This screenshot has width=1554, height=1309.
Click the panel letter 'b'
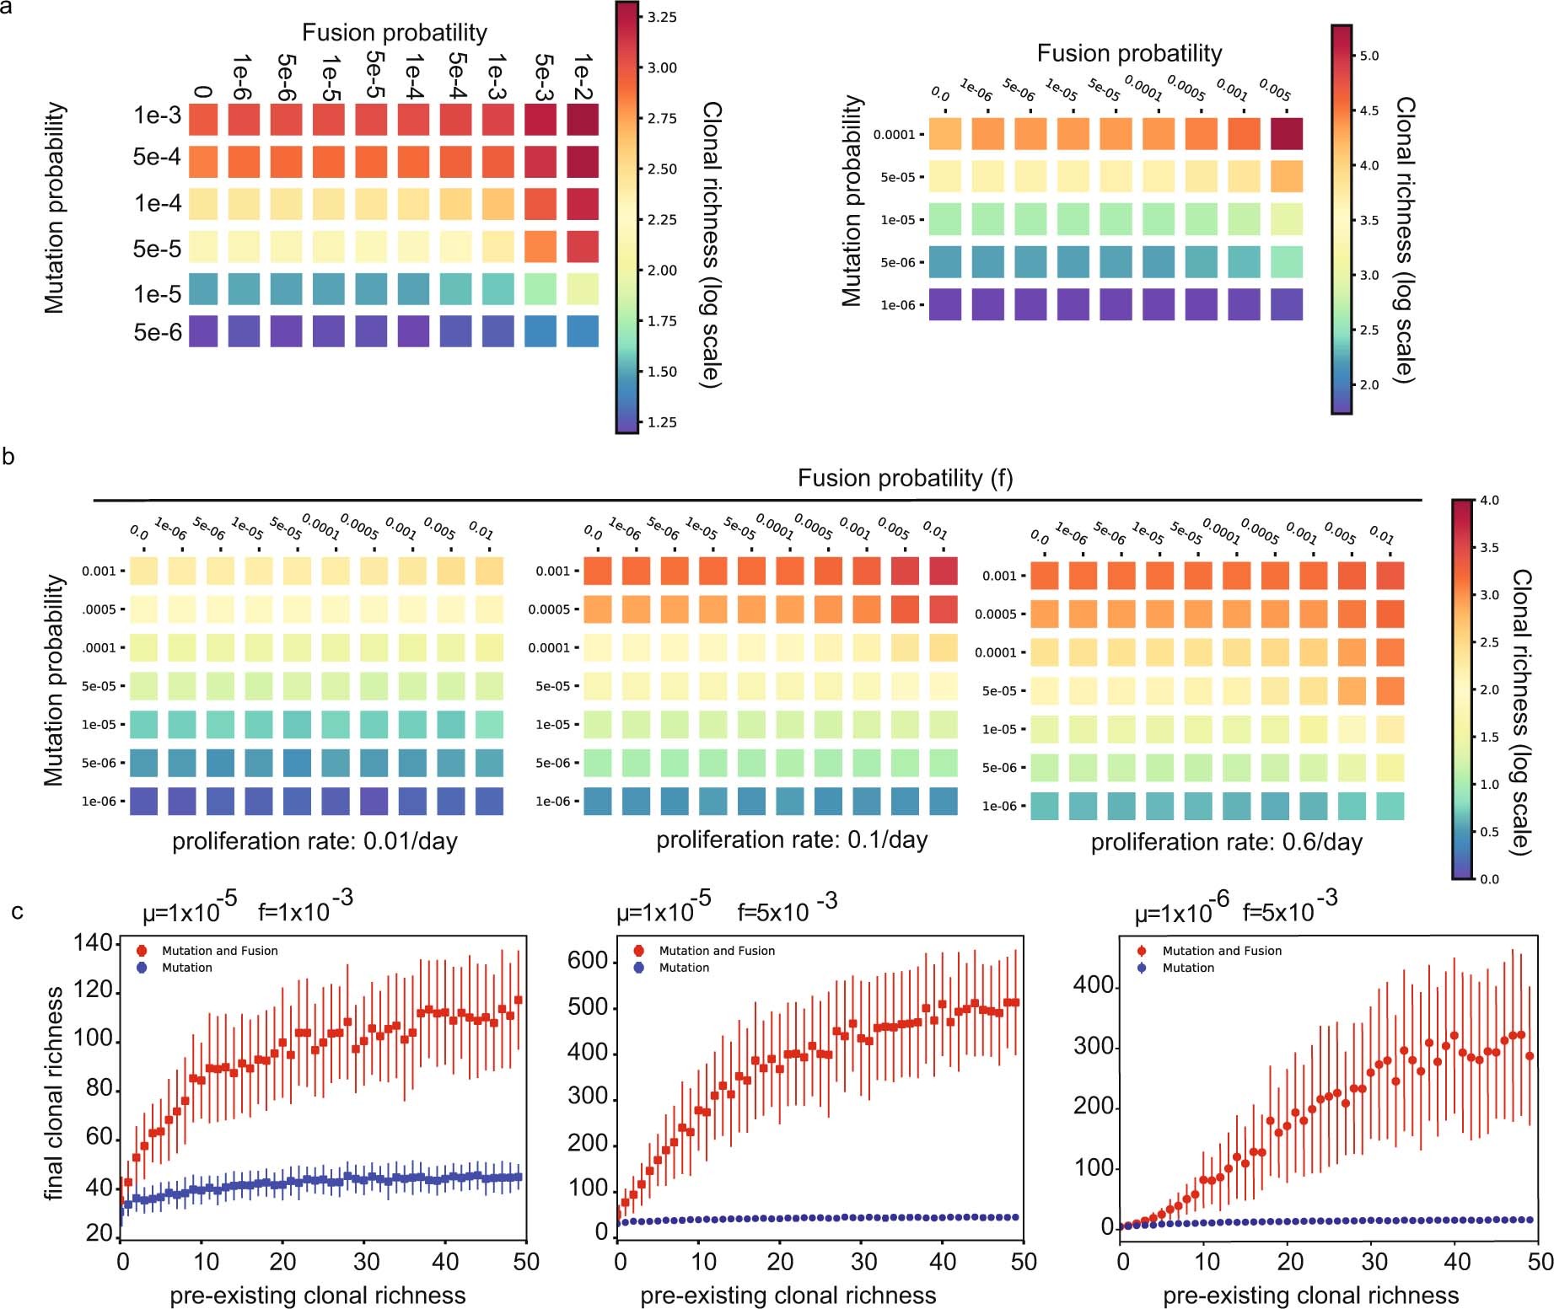8,457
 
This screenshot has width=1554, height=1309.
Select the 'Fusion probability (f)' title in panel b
905,478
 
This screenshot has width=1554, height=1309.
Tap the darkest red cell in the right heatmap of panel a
1286,134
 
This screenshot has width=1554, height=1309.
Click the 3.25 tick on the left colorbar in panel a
662,17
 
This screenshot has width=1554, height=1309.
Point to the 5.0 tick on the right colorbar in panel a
1369,56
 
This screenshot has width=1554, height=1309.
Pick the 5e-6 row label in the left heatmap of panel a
158,332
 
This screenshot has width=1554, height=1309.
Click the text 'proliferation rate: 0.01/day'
315,841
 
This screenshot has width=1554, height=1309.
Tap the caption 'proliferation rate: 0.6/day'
1226,842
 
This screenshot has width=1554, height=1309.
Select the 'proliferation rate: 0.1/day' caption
792,840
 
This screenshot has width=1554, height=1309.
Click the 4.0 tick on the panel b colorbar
1489,500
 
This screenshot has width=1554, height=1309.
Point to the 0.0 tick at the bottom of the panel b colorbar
1489,878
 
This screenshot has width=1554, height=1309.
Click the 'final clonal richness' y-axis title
54,1092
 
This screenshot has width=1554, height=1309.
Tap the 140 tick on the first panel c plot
93,942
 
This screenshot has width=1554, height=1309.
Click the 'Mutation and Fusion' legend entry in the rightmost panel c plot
1221,950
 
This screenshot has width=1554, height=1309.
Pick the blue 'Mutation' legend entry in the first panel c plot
186,968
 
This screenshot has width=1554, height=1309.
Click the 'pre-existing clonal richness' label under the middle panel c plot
788,1295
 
